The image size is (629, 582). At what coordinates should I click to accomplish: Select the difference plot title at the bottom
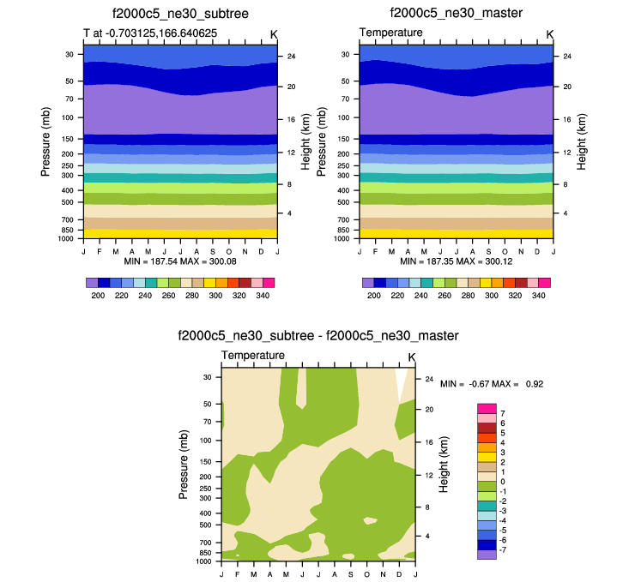click(x=318, y=335)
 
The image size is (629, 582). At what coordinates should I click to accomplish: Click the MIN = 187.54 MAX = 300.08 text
click(x=179, y=259)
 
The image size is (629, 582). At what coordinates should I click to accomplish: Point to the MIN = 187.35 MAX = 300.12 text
click(x=456, y=259)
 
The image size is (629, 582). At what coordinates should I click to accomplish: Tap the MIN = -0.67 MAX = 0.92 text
click(x=492, y=384)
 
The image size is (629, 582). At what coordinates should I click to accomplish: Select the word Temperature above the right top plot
click(x=390, y=33)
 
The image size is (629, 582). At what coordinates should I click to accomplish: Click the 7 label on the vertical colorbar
click(x=501, y=413)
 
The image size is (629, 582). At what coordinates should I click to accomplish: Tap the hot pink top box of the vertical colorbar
click(x=487, y=408)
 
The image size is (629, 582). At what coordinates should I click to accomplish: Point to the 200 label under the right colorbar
click(x=374, y=295)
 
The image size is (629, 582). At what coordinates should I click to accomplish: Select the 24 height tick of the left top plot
click(x=291, y=57)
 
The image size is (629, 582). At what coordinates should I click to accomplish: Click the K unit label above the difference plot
click(x=411, y=357)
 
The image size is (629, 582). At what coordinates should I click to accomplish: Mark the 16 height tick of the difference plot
click(x=430, y=442)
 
